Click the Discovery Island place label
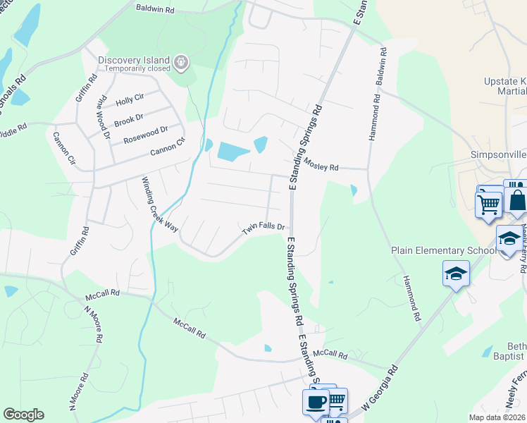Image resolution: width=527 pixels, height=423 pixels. click(135, 59)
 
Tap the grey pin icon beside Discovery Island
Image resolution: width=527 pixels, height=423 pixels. click(182, 63)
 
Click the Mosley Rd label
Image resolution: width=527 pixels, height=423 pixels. click(321, 164)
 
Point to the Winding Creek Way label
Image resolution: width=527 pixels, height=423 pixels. click(160, 204)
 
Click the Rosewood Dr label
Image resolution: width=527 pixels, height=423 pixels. click(145, 133)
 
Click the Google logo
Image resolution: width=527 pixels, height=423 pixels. click(23, 415)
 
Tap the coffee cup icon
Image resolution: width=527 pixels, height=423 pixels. click(316, 402)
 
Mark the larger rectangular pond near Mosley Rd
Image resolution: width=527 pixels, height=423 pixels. click(233, 150)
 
